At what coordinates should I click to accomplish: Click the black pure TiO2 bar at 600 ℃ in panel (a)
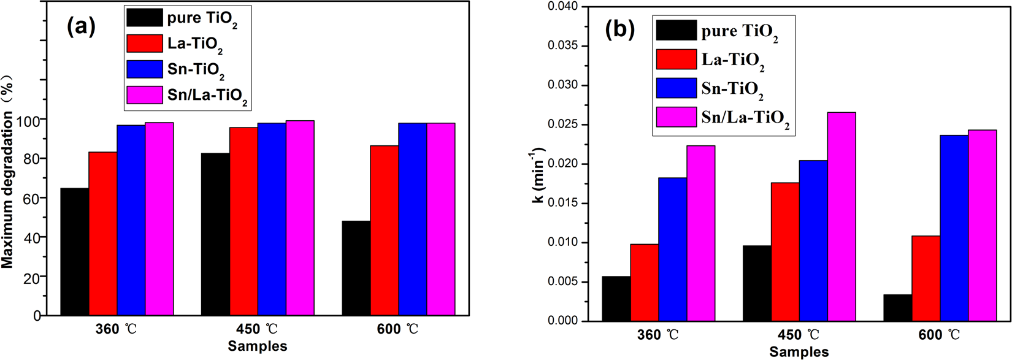click(356, 268)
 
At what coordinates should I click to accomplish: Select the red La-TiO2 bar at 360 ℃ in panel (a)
click(102, 233)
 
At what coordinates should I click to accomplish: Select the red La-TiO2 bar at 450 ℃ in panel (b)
click(785, 251)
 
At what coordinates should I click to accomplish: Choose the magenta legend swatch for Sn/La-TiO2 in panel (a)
click(145, 95)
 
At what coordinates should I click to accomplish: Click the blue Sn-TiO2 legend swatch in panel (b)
click(676, 88)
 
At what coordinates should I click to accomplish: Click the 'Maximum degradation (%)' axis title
click(7, 172)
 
